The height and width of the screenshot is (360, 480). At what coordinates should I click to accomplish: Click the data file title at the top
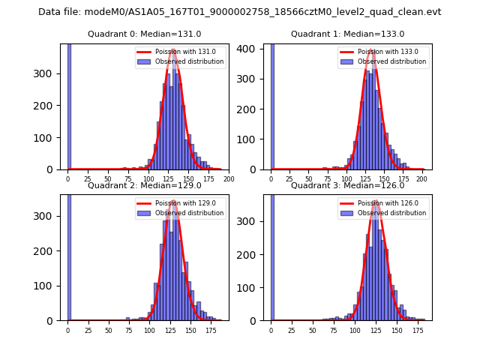coord(240,12)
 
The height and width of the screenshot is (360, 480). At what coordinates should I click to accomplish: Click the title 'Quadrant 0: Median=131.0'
coord(145,34)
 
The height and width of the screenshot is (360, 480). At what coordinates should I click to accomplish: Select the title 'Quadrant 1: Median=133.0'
coord(347,34)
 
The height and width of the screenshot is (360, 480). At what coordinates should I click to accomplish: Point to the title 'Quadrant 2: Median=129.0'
coord(145,185)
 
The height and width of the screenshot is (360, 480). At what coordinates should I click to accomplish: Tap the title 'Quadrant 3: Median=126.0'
coord(347,185)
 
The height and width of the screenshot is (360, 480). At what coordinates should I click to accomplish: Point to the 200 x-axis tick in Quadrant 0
coord(229,179)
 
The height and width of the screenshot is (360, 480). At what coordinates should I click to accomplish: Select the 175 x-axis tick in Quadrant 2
coord(211,330)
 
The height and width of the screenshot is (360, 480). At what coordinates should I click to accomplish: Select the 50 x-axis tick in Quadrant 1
coord(308,179)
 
